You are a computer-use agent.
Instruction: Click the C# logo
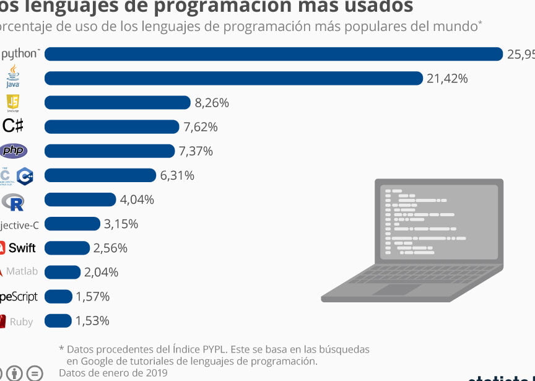coord(13,126)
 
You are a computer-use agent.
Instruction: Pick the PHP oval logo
coord(13,151)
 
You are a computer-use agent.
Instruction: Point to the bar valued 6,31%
coord(100,175)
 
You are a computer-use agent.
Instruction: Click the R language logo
coord(13,201)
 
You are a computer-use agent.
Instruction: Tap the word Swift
coord(22,248)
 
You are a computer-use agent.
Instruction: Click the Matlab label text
coord(22,271)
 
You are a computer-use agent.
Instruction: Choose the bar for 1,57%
coord(58,297)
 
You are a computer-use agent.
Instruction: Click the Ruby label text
coord(22,322)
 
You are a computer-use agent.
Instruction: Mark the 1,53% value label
coord(92,321)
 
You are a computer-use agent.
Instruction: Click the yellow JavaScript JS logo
coord(13,102)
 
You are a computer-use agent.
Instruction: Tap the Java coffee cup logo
coord(13,77)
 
